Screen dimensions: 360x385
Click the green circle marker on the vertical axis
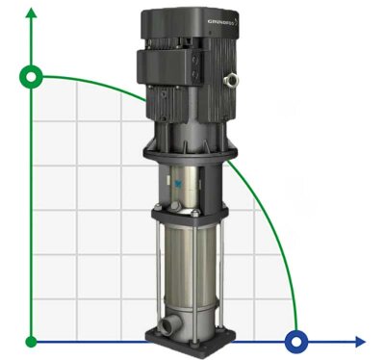tap(32, 76)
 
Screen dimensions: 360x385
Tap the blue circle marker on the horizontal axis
tap(296, 341)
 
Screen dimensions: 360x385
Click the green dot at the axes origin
tap(32, 341)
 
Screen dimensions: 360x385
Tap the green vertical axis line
tap(32, 212)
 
